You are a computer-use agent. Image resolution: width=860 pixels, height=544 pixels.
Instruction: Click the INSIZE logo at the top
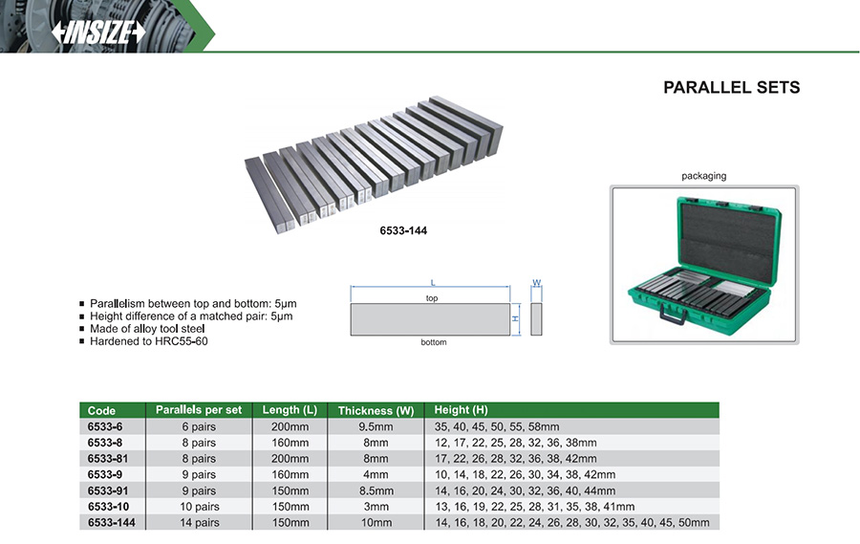(x=98, y=33)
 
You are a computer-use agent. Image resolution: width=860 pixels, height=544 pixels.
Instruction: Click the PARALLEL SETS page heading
(x=731, y=87)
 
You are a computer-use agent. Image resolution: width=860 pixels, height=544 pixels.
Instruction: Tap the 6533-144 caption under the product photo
(x=403, y=230)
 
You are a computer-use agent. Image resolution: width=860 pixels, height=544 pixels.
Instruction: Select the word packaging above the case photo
(x=703, y=176)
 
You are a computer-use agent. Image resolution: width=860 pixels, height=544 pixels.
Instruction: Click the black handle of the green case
(x=673, y=315)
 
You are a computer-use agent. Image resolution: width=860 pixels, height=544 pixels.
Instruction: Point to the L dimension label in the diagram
(x=432, y=283)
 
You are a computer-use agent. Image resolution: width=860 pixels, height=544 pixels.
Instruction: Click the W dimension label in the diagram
(x=536, y=283)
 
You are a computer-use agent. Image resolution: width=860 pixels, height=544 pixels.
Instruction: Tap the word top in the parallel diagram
(x=432, y=298)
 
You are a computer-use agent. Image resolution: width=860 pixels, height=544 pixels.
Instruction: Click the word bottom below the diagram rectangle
(x=433, y=342)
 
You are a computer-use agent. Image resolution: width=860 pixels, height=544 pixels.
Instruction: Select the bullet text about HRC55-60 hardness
(x=149, y=341)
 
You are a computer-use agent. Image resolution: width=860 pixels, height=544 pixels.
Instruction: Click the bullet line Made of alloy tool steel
(x=147, y=328)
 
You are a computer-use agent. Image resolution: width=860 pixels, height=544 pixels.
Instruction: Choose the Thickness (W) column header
(x=376, y=410)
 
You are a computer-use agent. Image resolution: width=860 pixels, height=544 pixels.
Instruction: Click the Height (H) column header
(x=461, y=409)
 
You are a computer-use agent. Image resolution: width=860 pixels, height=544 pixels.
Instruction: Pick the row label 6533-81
(x=107, y=458)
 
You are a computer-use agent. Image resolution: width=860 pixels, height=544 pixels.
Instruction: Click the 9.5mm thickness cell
(x=376, y=426)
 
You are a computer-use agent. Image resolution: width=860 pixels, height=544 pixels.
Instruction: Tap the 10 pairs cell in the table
(x=200, y=507)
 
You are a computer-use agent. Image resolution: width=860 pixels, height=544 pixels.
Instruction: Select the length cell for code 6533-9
(x=290, y=474)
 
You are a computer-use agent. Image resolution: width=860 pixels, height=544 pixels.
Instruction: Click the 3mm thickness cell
(x=376, y=507)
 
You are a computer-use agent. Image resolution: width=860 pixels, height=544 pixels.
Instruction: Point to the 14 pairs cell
(x=200, y=523)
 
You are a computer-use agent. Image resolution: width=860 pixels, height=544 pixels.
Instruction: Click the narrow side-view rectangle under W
(x=536, y=319)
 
